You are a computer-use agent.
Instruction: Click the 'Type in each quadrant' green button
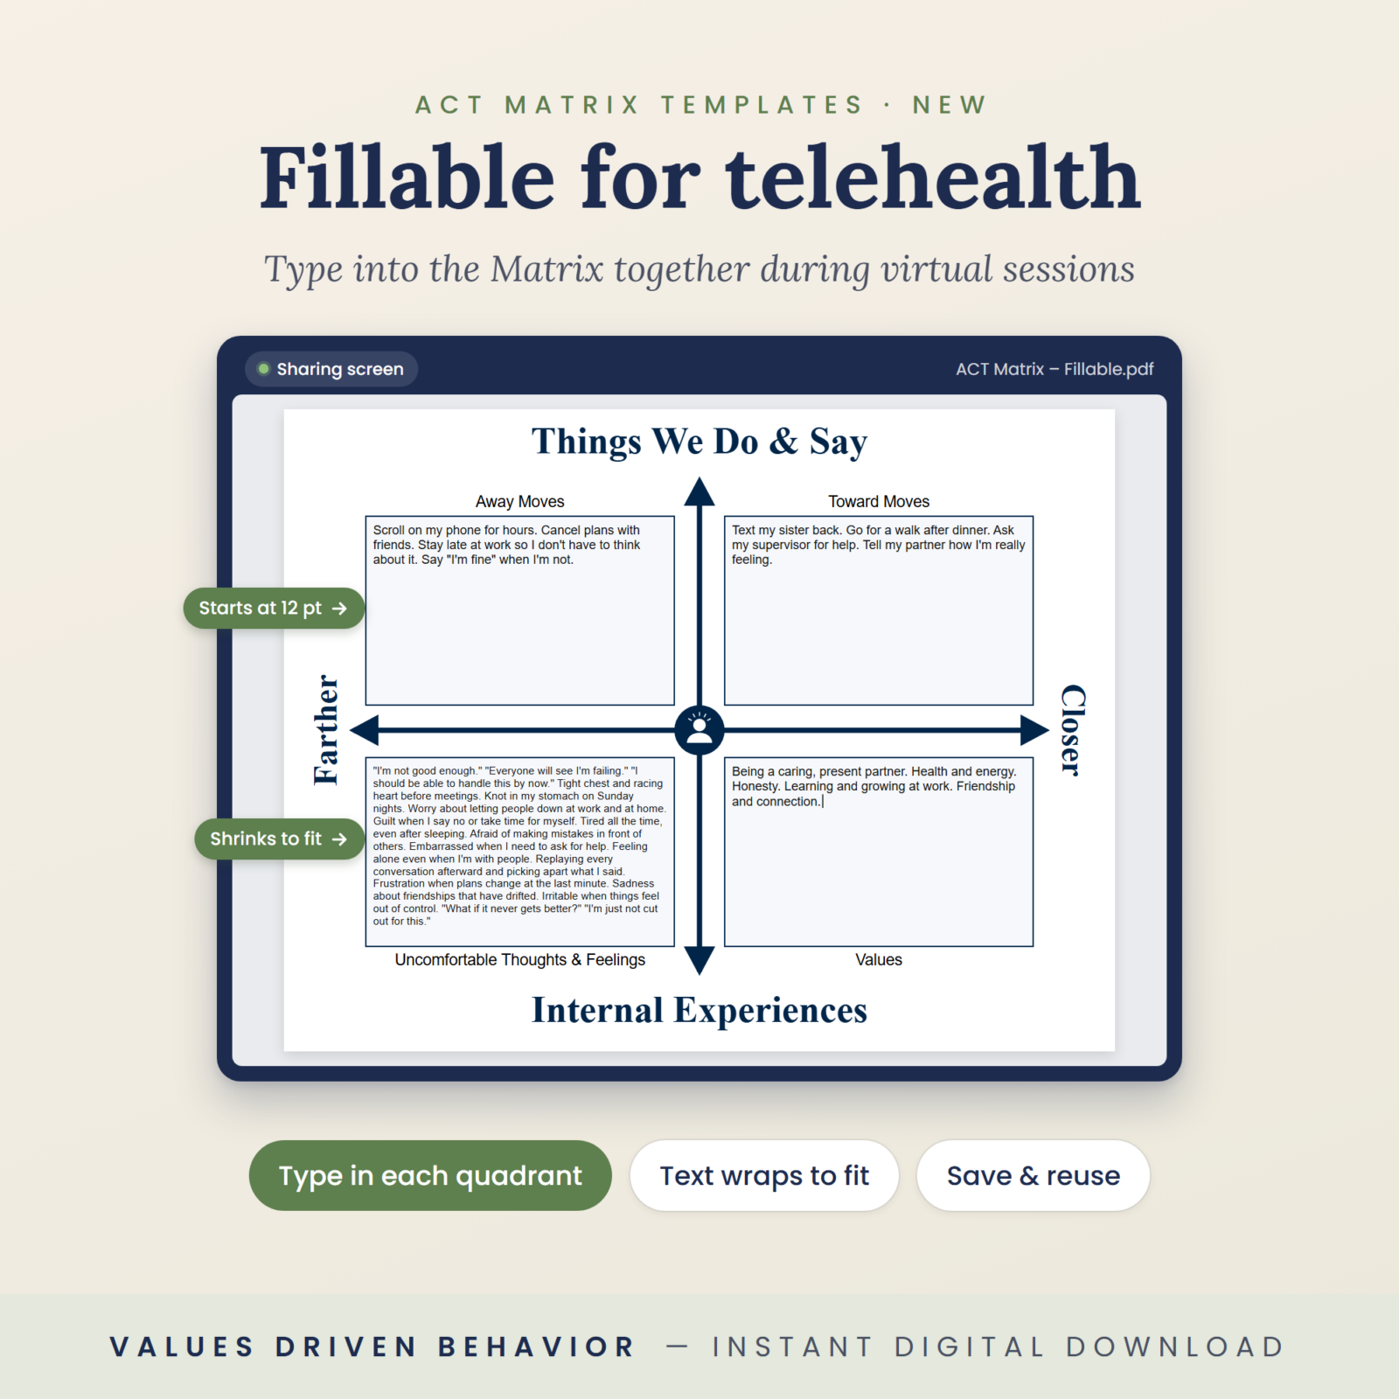point(430,1175)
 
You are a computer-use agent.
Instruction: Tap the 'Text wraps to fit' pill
point(764,1175)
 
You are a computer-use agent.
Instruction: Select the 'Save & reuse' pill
point(1033,1175)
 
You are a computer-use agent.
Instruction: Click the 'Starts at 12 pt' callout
point(274,609)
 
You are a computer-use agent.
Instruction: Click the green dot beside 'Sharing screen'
point(263,369)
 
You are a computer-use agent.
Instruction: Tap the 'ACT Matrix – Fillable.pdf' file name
point(1054,369)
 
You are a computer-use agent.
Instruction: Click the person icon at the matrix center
point(699,729)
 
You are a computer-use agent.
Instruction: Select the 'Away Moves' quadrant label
point(520,502)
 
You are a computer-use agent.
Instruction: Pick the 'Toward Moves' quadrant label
point(879,502)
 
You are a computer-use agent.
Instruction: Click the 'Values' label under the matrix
point(879,960)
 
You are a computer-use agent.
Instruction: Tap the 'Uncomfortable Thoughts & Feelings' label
point(520,960)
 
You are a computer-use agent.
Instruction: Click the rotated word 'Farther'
point(326,729)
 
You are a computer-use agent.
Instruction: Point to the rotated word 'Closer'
point(1073,729)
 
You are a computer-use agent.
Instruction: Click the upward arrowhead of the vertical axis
point(699,491)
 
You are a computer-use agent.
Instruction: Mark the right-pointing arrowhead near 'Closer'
point(1034,729)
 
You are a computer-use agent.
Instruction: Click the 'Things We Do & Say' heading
point(699,442)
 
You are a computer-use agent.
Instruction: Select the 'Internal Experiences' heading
point(699,1011)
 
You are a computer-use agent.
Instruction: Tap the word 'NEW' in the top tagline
point(950,105)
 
